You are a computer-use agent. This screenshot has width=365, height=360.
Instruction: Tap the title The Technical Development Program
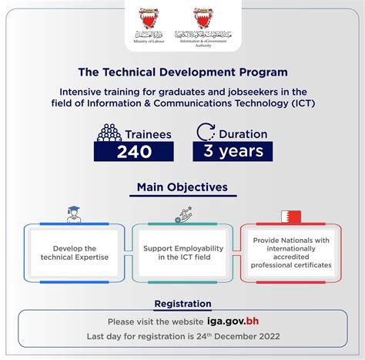pos(182,72)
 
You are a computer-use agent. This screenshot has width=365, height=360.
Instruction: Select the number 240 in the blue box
pos(134,151)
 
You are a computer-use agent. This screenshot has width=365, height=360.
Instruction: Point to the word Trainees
pos(148,133)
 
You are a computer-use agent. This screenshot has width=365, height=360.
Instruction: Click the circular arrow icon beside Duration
pos(205,132)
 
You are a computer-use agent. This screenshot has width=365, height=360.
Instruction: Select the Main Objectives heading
pos(182,187)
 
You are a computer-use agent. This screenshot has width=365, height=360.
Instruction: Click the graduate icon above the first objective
pos(74,215)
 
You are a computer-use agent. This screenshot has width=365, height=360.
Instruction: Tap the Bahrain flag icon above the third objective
pos(292,216)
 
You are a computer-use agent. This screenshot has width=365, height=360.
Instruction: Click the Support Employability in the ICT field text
pos(182,252)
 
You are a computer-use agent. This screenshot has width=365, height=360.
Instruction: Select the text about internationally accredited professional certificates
pos(292,252)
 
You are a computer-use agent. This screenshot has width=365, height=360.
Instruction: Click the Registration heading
pos(182,304)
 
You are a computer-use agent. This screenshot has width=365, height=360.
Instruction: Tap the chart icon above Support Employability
pos(183,215)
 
